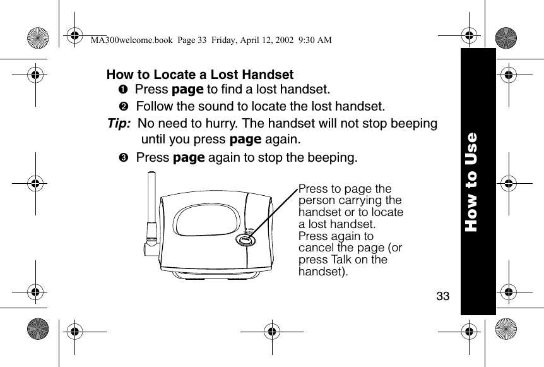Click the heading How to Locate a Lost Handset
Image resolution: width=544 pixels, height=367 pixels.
coord(200,75)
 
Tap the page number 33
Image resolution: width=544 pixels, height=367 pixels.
coord(443,296)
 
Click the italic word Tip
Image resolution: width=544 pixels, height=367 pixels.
coord(119,123)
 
